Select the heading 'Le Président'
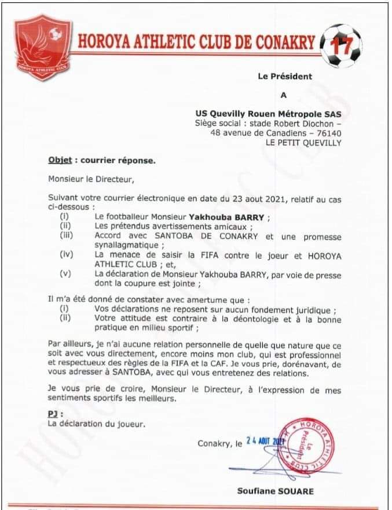coord(285,76)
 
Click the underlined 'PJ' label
coord(53,413)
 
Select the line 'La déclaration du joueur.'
coord(96,424)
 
